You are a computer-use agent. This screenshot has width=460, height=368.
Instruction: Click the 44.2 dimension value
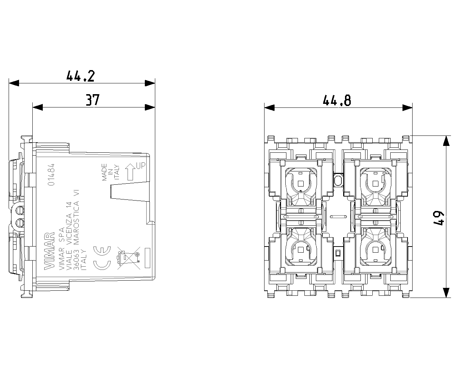coord(80,76)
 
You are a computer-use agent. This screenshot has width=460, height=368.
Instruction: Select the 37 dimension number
coord(92,100)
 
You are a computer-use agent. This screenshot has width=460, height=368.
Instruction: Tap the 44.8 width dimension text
coord(337,100)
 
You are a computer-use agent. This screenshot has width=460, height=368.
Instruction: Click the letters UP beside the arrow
coord(141,166)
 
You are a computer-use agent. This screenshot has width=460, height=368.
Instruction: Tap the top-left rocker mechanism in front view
coord(301,183)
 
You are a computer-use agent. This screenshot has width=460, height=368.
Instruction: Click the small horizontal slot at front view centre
coord(338,217)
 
